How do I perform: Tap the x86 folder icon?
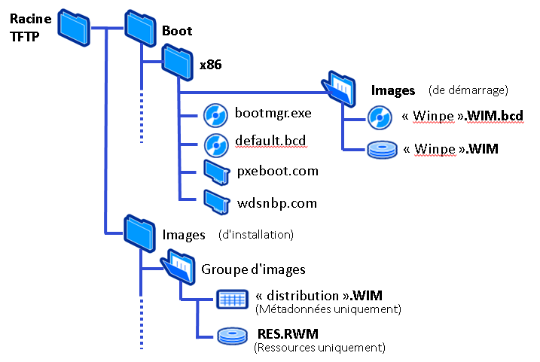coord(178,60)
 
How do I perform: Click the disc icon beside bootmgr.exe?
coord(215,114)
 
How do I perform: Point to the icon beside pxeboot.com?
coord(215,172)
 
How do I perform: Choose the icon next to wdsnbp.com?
coord(215,201)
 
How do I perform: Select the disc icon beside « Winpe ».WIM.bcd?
coord(379,117)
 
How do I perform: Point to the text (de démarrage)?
coord(468,90)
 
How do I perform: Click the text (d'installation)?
coord(256,234)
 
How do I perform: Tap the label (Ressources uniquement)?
coord(320,348)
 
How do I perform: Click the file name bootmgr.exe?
coord(273,114)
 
